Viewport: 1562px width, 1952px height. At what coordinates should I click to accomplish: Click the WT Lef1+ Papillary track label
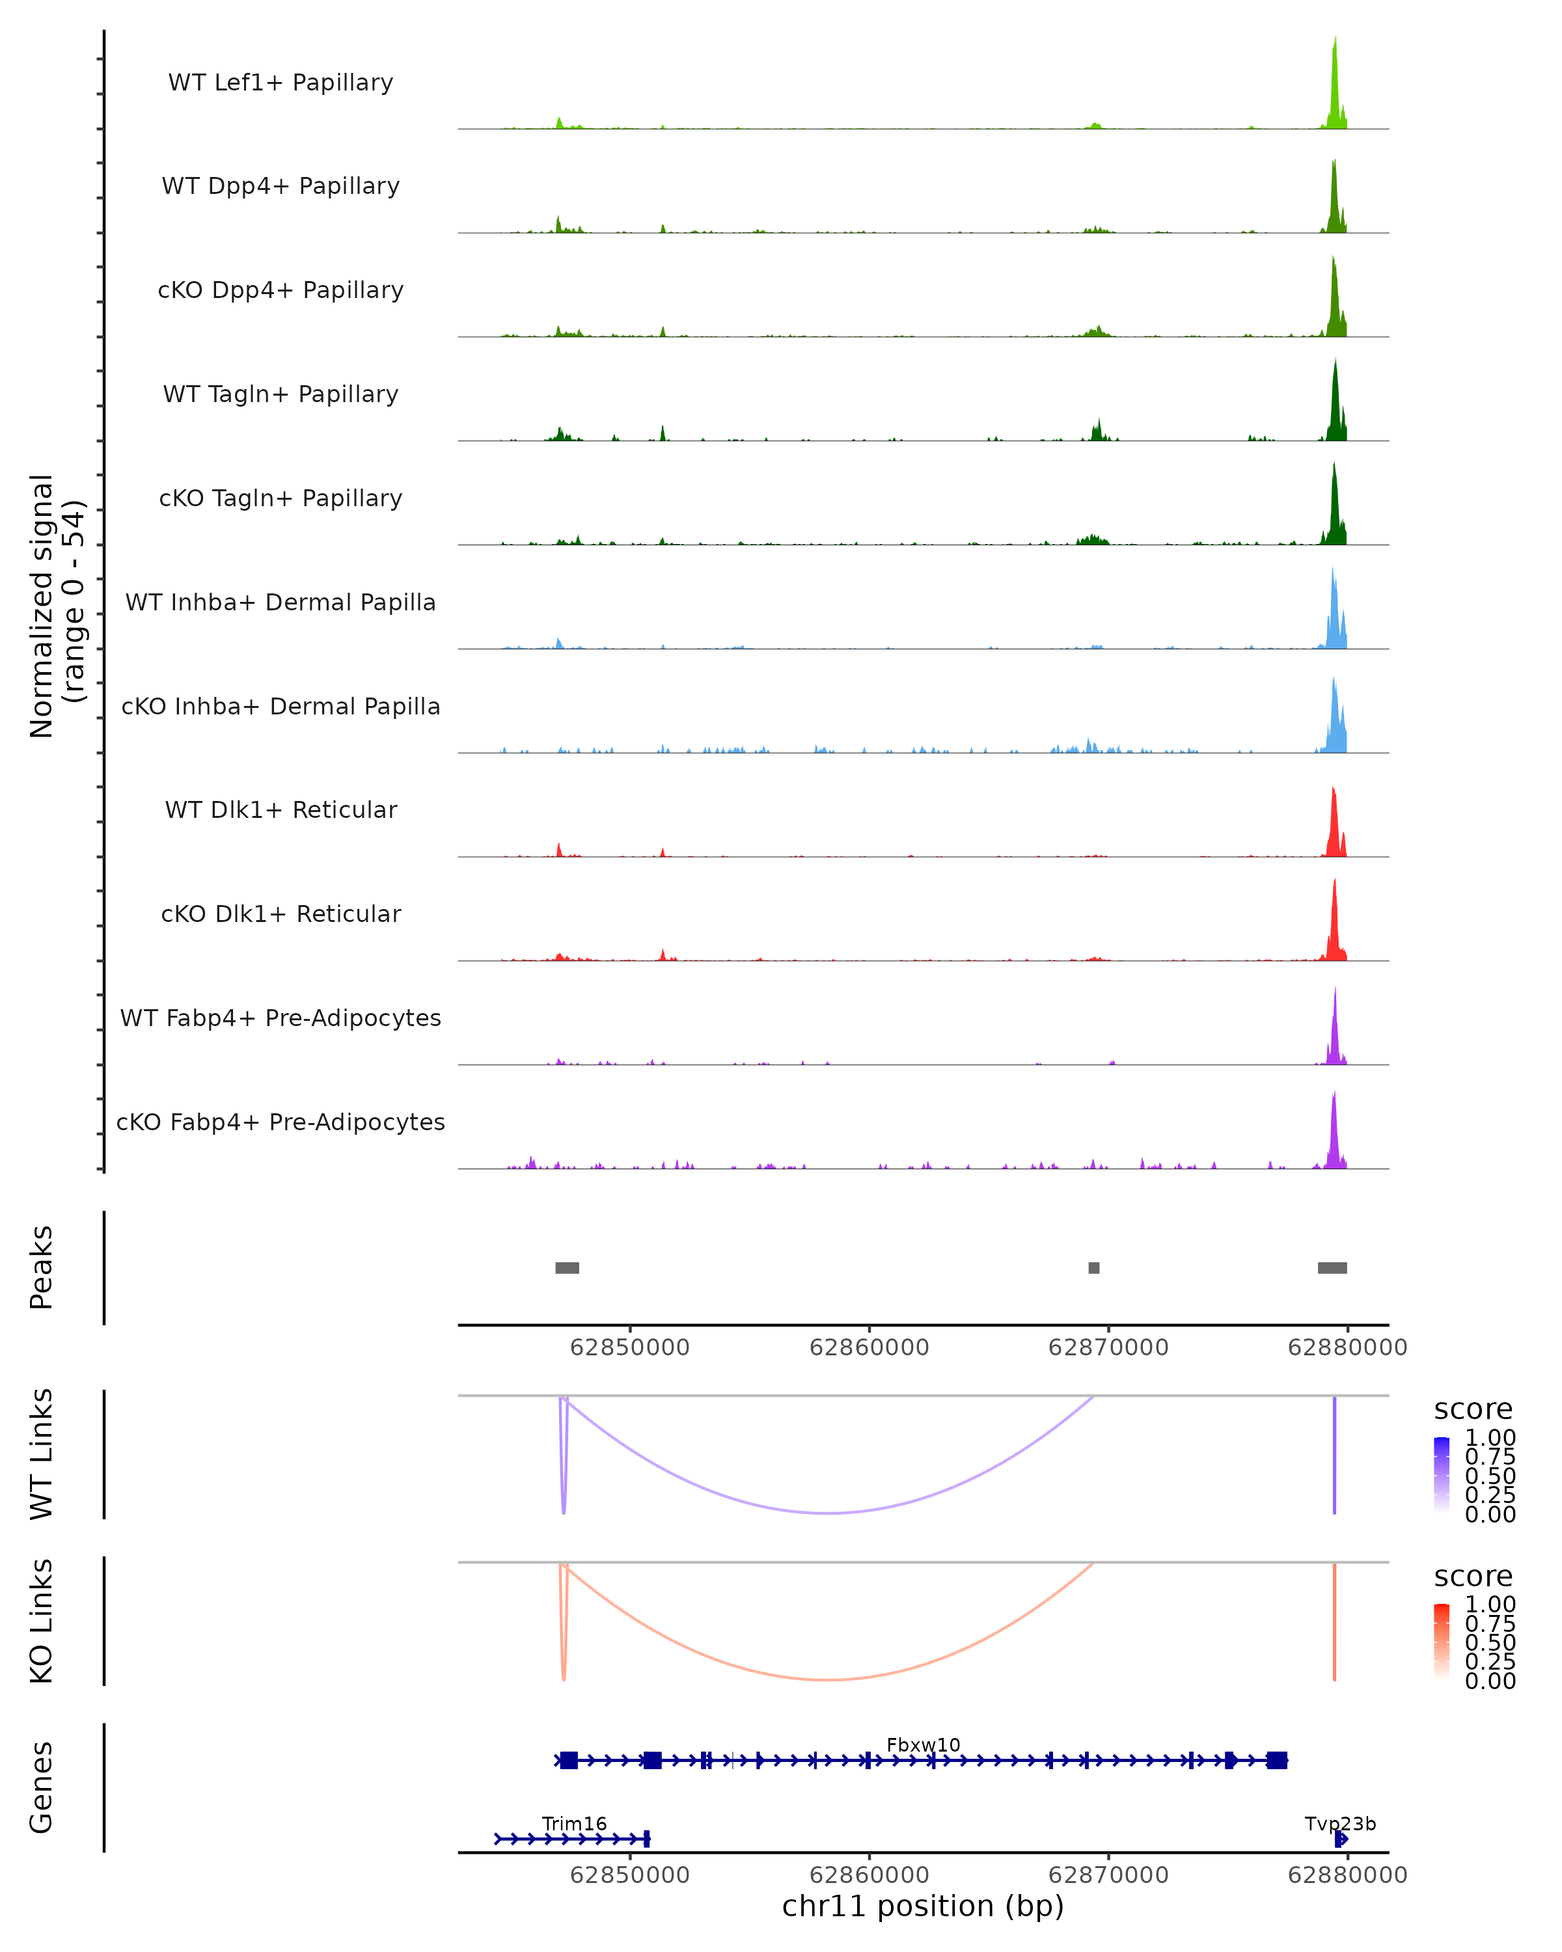(x=281, y=83)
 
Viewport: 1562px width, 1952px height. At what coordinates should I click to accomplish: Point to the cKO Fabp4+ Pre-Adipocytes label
(x=281, y=1122)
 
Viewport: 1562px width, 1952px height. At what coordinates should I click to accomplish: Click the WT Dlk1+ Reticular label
(x=281, y=809)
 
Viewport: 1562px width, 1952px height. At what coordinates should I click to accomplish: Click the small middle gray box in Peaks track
(x=1094, y=1267)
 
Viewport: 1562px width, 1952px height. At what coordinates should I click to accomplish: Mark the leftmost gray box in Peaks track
(x=567, y=1267)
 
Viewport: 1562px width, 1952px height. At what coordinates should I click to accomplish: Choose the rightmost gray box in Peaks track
(x=1332, y=1267)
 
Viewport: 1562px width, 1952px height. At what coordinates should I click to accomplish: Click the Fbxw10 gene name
(x=923, y=1744)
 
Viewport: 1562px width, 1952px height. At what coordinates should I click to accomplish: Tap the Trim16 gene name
(x=574, y=1823)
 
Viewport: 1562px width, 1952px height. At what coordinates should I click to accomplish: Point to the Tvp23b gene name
(x=1340, y=1823)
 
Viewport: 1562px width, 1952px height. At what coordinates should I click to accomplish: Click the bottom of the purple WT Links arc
(x=829, y=1512)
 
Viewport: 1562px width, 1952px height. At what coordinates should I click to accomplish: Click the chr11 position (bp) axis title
(x=923, y=1906)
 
